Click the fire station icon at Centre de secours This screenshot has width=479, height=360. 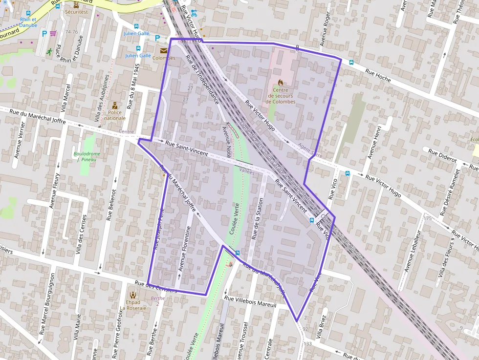click(x=281, y=83)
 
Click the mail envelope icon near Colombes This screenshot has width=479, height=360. click(x=163, y=50)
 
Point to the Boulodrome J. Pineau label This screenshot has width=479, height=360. click(x=87, y=157)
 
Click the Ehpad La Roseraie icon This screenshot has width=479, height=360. click(x=133, y=295)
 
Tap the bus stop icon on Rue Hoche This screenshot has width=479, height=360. click(x=351, y=63)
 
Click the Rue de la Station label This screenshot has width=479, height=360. click(x=257, y=218)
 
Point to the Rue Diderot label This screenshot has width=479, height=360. click(x=442, y=156)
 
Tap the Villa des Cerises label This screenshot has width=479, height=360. click(x=81, y=235)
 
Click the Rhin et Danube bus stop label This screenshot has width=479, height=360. click(x=28, y=22)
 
